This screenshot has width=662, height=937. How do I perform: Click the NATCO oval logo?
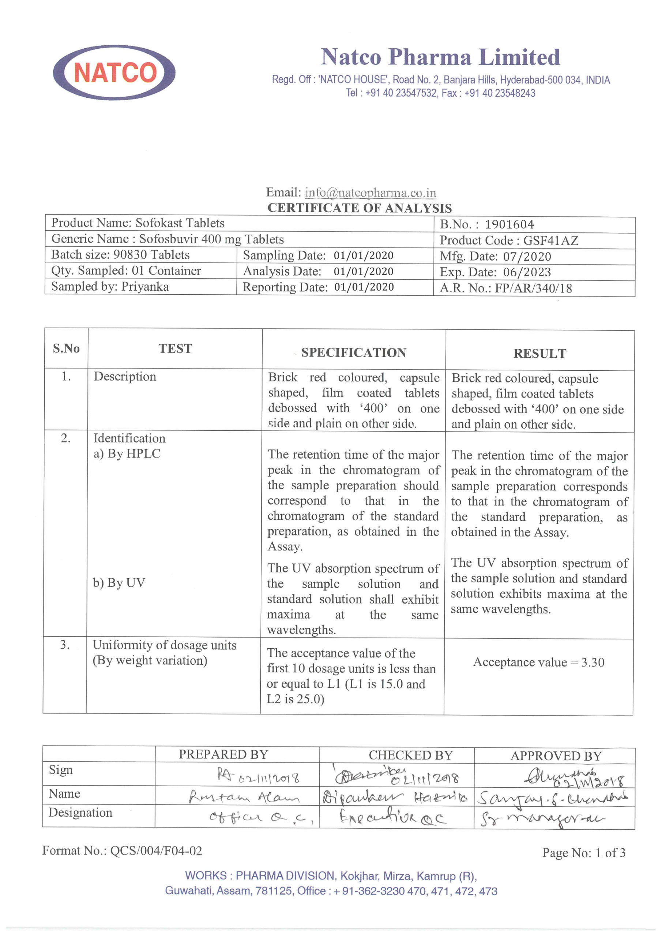(114, 72)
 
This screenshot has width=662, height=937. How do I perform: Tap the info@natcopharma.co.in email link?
(371, 193)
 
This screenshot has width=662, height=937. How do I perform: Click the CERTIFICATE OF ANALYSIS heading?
(360, 208)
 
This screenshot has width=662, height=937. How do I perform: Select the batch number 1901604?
(509, 224)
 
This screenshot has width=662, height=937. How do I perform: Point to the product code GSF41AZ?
(551, 240)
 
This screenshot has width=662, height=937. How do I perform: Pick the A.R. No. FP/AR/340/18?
(534, 288)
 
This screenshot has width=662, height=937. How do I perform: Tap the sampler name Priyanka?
(145, 287)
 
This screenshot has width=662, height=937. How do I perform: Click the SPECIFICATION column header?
(354, 352)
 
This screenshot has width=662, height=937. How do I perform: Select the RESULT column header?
(539, 354)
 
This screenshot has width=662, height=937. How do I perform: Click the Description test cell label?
(125, 376)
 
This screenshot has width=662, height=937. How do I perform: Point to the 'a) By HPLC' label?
(127, 454)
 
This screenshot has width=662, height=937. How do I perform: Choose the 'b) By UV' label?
(119, 583)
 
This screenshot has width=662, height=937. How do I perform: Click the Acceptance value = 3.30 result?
(538, 662)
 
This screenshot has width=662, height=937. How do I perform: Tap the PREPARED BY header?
(223, 754)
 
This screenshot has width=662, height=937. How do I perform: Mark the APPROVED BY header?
(556, 756)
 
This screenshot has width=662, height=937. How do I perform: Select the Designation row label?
(80, 813)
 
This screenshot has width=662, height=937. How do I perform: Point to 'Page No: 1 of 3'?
(583, 853)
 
